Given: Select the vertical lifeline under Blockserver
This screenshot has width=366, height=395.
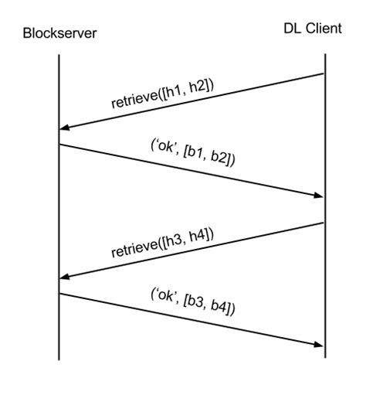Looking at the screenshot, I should (x=59, y=209).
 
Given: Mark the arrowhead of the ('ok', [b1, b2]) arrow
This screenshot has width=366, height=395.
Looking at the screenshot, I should (x=318, y=196).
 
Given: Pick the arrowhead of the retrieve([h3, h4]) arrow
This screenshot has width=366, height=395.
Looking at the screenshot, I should (x=65, y=278).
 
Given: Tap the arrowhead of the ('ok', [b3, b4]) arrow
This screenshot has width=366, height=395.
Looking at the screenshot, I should (x=318, y=345).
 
